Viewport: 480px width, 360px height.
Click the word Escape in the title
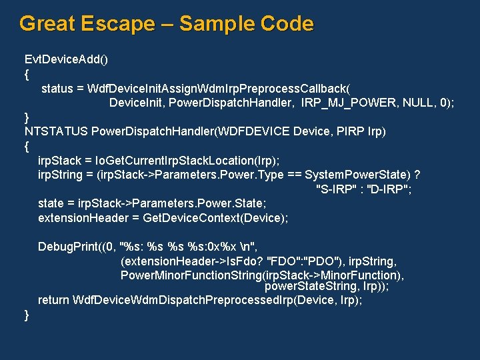pyautogui.click(x=117, y=24)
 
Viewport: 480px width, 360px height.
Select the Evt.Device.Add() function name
pyautogui.click(x=66, y=59)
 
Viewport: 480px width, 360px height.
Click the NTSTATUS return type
pyautogui.click(x=55, y=131)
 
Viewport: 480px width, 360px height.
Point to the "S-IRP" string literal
pyautogui.click(x=338, y=189)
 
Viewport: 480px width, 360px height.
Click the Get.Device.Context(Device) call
pyautogui.click(x=209, y=218)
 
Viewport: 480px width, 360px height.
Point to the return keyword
pyautogui.click(x=53, y=300)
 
